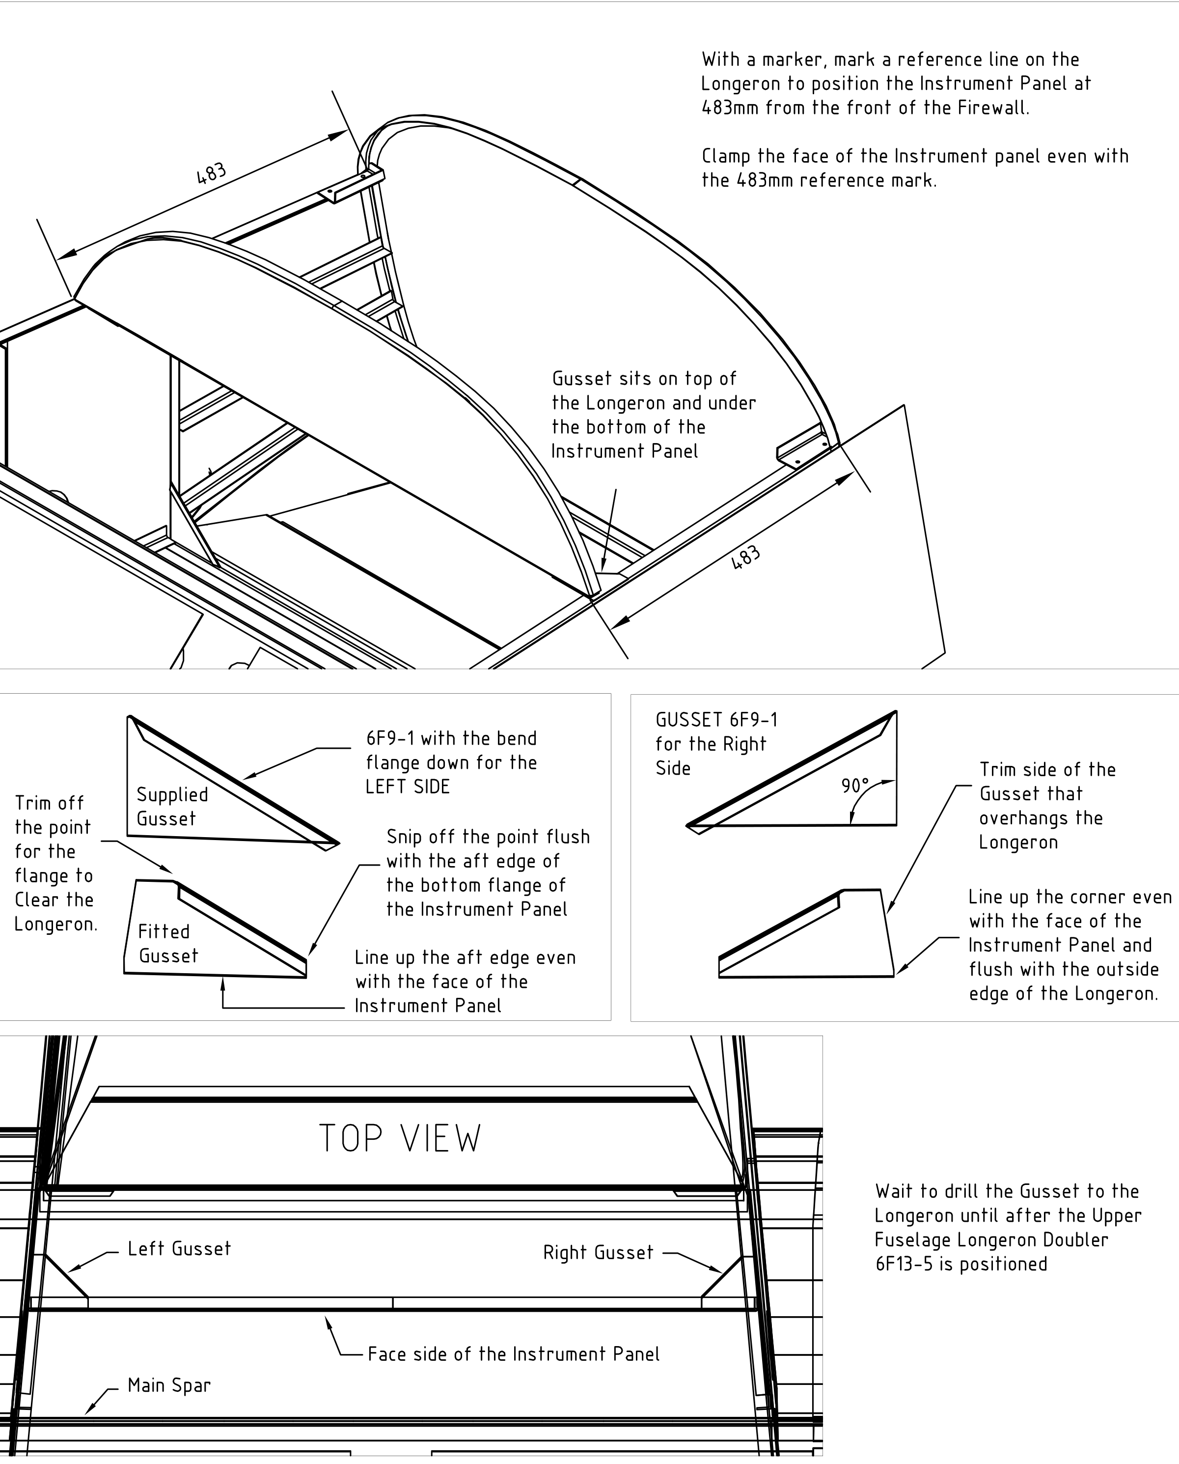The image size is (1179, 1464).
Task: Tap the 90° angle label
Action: (854, 786)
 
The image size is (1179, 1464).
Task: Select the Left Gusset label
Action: (179, 1249)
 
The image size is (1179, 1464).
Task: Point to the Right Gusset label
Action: (598, 1253)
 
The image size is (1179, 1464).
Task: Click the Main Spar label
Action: (169, 1385)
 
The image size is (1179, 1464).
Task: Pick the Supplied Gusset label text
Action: (172, 806)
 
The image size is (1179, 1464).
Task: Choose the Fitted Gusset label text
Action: (168, 944)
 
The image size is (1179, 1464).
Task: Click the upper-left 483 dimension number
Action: (211, 174)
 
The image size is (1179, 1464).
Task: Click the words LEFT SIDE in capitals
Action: (408, 787)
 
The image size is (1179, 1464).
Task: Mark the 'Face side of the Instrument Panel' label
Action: (514, 1354)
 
